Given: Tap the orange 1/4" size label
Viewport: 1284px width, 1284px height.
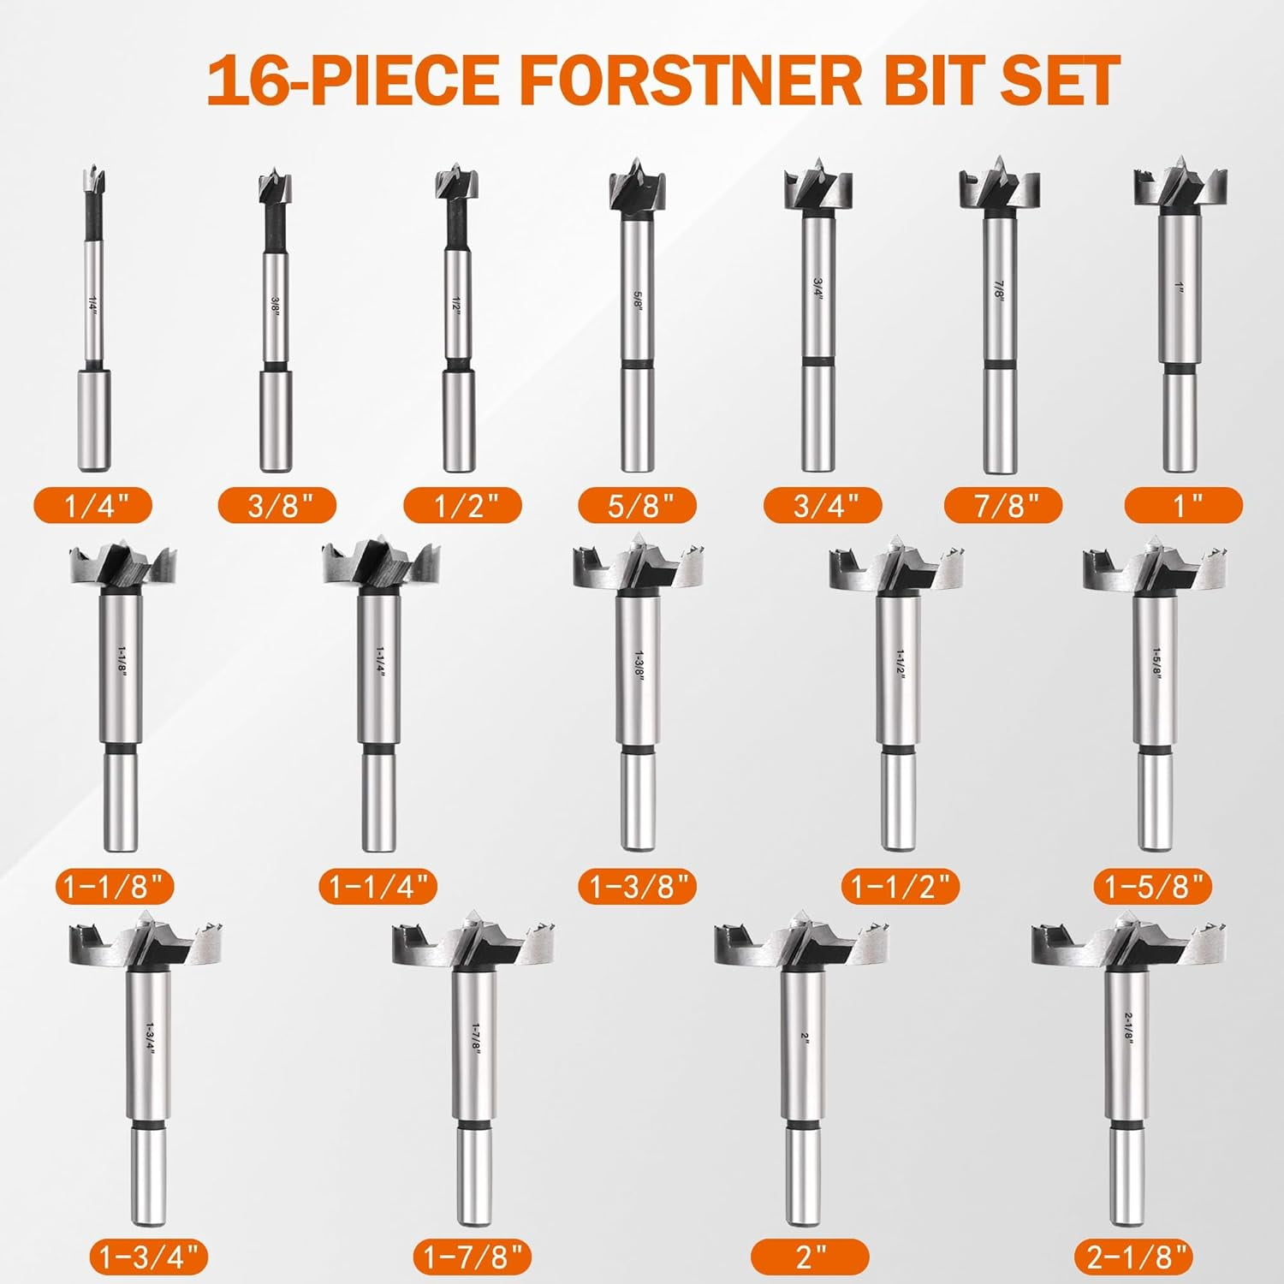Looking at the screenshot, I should tap(94, 506).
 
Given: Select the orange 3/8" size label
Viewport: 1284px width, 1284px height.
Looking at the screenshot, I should tap(277, 506).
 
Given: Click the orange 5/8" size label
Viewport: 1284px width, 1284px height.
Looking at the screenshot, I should tap(638, 506).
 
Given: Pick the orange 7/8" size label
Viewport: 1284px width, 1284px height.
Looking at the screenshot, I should tap(1003, 506).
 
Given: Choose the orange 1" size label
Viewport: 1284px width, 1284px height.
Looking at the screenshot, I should tap(1184, 506).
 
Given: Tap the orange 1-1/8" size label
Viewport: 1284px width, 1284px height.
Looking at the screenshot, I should tap(115, 886).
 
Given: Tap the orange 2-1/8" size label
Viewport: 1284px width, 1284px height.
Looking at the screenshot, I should tap(1133, 1257).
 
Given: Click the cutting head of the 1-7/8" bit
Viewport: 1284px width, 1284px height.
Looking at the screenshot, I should tap(474, 942).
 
